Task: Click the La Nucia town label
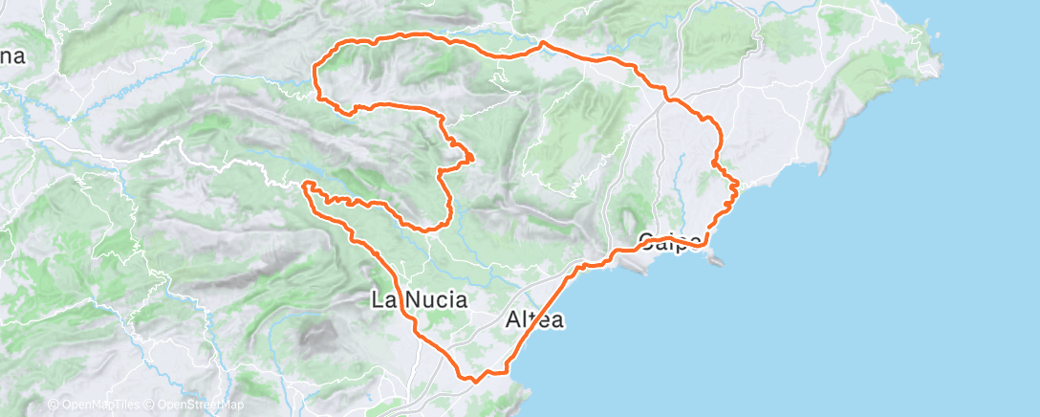click(420, 300)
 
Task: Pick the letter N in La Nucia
click(406, 300)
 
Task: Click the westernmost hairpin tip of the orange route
click(305, 184)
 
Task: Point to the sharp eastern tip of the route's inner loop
click(474, 158)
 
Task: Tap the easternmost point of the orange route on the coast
click(738, 183)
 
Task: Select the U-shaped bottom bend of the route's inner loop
click(428, 227)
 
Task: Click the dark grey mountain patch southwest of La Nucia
click(316, 335)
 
